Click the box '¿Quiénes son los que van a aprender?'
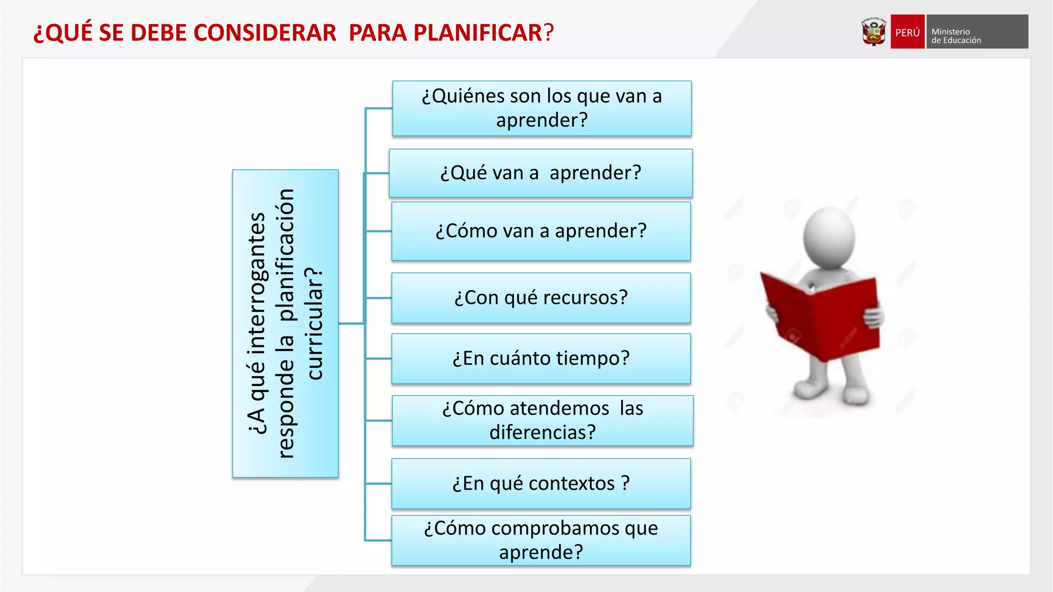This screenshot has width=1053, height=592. click(x=541, y=108)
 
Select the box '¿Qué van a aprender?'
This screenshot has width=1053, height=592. click(x=540, y=173)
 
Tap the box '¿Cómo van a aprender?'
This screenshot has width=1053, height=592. click(x=540, y=231)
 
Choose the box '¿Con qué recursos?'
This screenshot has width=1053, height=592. click(x=540, y=298)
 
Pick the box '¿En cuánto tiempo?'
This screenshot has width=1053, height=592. click(x=540, y=359)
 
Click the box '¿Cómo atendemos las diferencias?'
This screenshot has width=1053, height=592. click(x=542, y=420)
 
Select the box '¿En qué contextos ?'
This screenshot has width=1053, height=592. click(x=540, y=484)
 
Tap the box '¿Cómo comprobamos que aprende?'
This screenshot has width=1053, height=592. click(x=540, y=541)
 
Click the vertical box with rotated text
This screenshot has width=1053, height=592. click(x=285, y=324)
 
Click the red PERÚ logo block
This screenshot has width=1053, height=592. click(x=907, y=32)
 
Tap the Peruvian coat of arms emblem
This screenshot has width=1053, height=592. click(x=874, y=32)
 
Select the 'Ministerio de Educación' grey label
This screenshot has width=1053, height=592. click(x=976, y=32)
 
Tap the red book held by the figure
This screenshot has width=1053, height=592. click(x=823, y=316)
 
